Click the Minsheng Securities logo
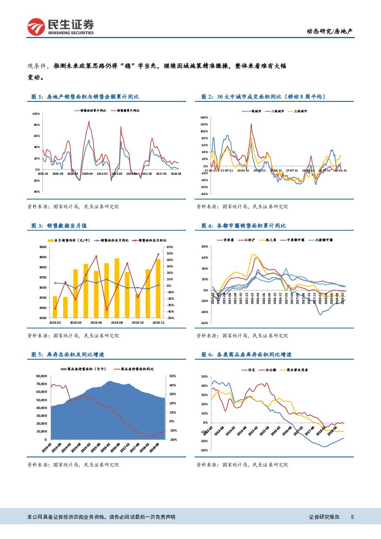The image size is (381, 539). click(60, 27)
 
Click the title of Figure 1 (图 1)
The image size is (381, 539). click(85, 97)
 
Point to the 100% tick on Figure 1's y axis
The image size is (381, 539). click(36, 114)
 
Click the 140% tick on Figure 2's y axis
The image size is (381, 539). click(205, 118)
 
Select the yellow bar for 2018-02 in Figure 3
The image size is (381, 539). click(55, 307)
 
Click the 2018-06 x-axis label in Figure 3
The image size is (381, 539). click(96, 323)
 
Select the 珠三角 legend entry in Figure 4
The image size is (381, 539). click(270, 240)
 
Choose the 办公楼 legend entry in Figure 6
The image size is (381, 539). click(272, 369)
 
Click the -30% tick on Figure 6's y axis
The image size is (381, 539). click(204, 450)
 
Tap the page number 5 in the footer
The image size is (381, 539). click(352, 517)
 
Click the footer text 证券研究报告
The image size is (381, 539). click(324, 517)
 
